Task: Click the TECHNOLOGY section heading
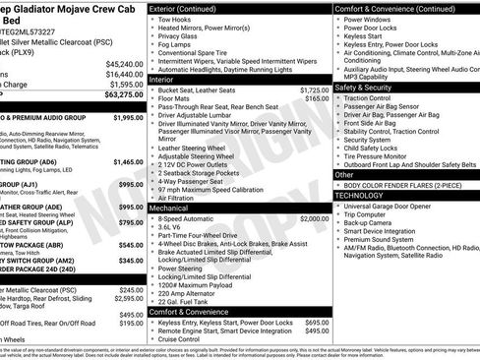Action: pos(360,195)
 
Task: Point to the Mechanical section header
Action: pos(176,209)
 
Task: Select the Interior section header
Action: pos(168,79)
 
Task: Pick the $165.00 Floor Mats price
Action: pos(317,98)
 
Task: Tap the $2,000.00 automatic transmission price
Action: pos(313,218)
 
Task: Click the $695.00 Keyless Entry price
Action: pos(317,322)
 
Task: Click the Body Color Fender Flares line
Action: pos(391,185)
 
